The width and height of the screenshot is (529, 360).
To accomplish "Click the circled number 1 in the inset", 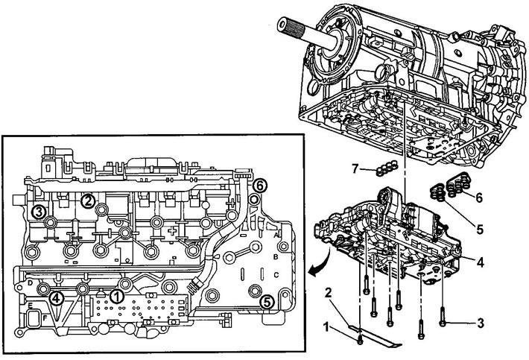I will click(116, 295).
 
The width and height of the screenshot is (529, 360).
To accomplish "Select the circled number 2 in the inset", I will click(88, 199).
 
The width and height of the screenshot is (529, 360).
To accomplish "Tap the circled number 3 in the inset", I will click(39, 212).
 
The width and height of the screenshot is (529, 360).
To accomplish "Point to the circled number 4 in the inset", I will click(57, 299).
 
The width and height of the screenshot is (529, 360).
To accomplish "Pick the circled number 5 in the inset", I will click(266, 301).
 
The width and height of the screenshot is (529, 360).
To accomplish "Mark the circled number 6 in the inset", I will click(259, 184).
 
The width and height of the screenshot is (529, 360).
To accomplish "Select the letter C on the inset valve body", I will click(277, 274).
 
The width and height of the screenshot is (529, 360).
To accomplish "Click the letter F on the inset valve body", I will click(34, 319).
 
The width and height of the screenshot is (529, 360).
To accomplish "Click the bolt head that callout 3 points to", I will click(445, 324).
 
